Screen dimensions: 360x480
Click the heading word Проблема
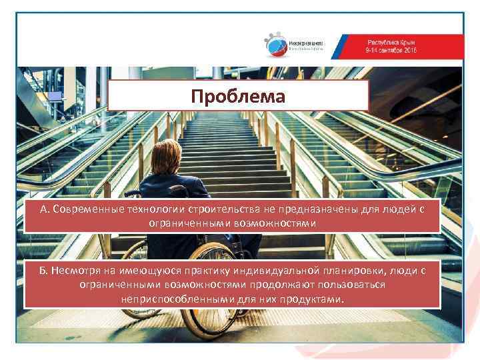click(237, 97)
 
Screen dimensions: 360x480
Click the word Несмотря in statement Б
click(77, 270)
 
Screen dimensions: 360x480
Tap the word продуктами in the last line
click(316, 299)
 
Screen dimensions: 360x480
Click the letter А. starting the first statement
click(44, 211)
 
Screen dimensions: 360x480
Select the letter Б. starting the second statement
click(45, 270)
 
